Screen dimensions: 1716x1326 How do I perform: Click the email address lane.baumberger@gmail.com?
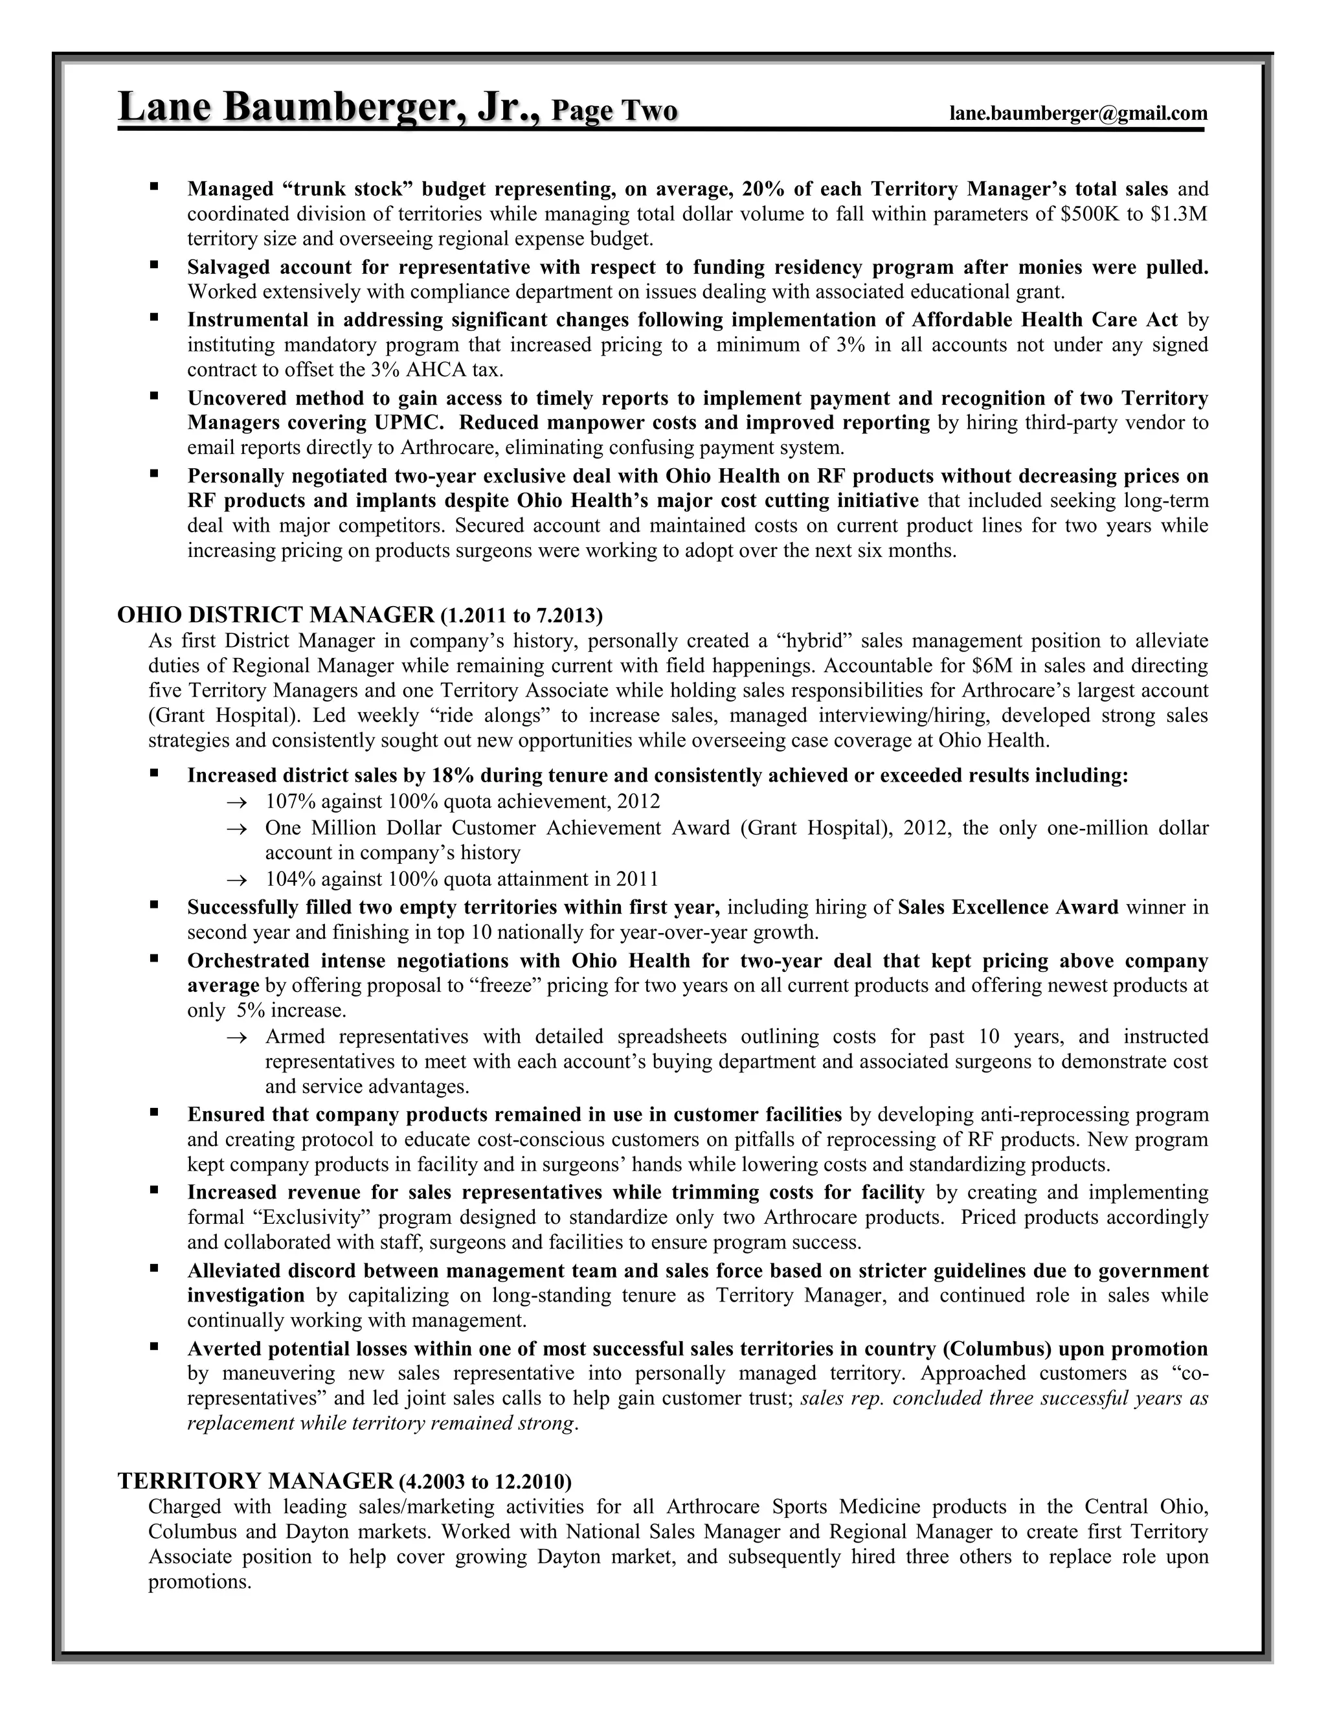1078,113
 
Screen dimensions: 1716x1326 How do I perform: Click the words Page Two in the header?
614,110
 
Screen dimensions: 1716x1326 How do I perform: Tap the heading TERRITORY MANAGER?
254,1481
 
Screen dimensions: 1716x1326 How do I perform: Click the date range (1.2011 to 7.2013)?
522,615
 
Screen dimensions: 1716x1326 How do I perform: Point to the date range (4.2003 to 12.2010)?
486,1482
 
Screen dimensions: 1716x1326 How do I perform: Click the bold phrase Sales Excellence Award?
1008,907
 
